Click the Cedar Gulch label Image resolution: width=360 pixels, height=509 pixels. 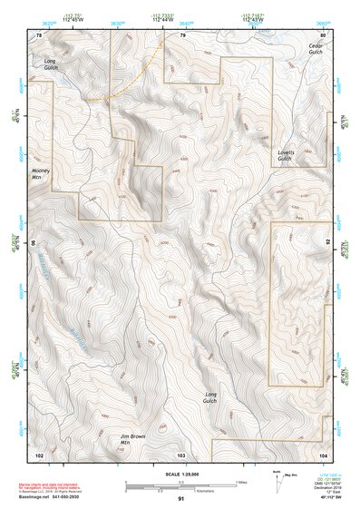(316, 49)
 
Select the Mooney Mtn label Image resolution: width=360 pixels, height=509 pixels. (41, 171)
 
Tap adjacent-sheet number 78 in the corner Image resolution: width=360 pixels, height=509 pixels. (39, 34)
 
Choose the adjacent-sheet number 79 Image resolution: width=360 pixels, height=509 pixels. (181, 34)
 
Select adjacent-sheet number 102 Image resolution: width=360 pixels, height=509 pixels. (39, 453)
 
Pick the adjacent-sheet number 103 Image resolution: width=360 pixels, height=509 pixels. (181, 453)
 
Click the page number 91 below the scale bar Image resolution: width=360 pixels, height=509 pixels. (181, 499)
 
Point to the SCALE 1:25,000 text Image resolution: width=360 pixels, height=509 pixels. (181, 474)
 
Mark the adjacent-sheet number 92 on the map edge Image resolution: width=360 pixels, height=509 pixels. (327, 242)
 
